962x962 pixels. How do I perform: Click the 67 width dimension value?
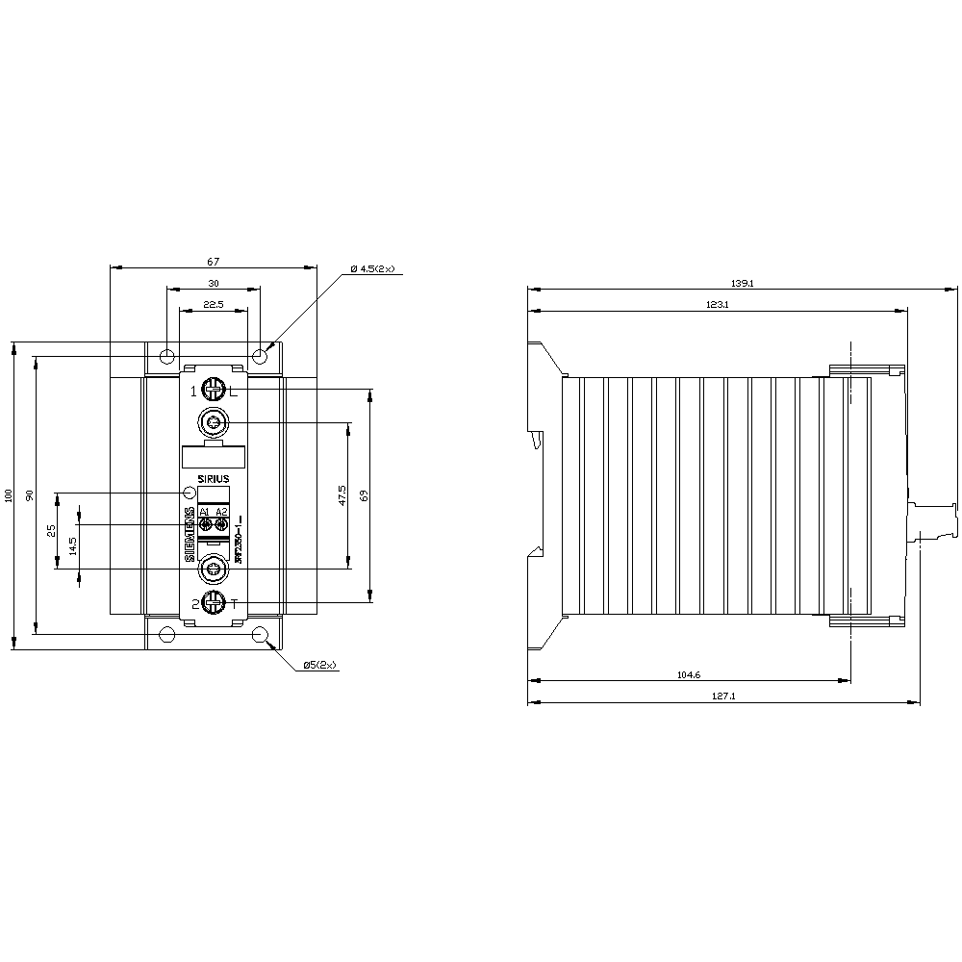click(214, 261)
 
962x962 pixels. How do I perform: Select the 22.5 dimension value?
click(214, 304)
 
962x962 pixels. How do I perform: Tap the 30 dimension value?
click(214, 283)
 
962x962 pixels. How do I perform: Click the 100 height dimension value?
click(9, 494)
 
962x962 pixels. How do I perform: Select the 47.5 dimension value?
click(342, 494)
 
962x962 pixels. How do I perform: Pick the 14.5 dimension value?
click(73, 545)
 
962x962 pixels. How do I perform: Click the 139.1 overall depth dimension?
click(742, 283)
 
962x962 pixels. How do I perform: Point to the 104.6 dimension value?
click(689, 675)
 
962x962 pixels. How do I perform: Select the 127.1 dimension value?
click(724, 696)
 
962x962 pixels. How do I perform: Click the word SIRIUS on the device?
click(214, 478)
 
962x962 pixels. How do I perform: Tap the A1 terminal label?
click(205, 511)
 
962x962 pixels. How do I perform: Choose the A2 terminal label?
click(222, 511)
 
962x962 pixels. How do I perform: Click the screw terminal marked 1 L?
click(214, 390)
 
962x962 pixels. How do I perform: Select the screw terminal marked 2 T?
click(214, 603)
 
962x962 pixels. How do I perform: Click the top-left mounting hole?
click(167, 357)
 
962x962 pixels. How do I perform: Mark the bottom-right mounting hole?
click(260, 634)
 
